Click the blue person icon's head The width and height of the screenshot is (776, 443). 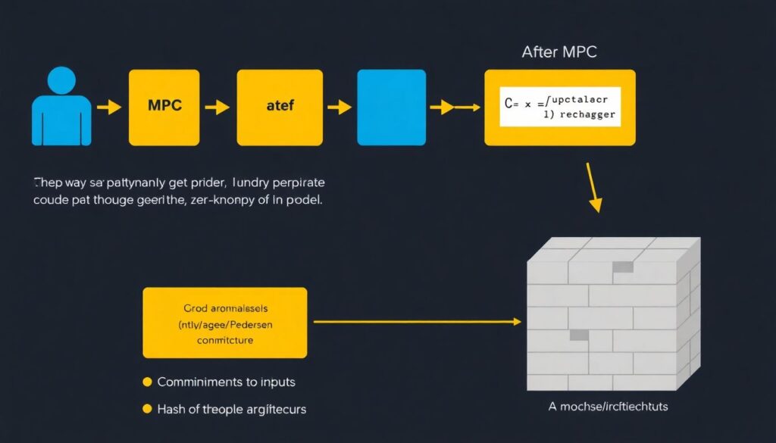point(61,81)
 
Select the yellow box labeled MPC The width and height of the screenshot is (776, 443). point(164,107)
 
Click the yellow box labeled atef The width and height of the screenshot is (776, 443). point(280,107)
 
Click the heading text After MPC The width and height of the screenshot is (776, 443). point(559,52)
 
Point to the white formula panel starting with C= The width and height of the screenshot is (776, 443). point(560,107)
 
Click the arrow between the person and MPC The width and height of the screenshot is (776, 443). point(110,108)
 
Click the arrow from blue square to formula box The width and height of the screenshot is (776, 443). point(455,108)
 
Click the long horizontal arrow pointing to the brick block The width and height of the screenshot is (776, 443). point(418,322)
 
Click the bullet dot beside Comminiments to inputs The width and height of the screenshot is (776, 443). point(147,382)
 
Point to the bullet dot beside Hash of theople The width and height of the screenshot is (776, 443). point(147,409)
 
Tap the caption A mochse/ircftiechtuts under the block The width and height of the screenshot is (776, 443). point(608,407)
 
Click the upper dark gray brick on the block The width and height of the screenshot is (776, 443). point(623,267)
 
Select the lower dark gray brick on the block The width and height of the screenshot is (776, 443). point(579,335)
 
